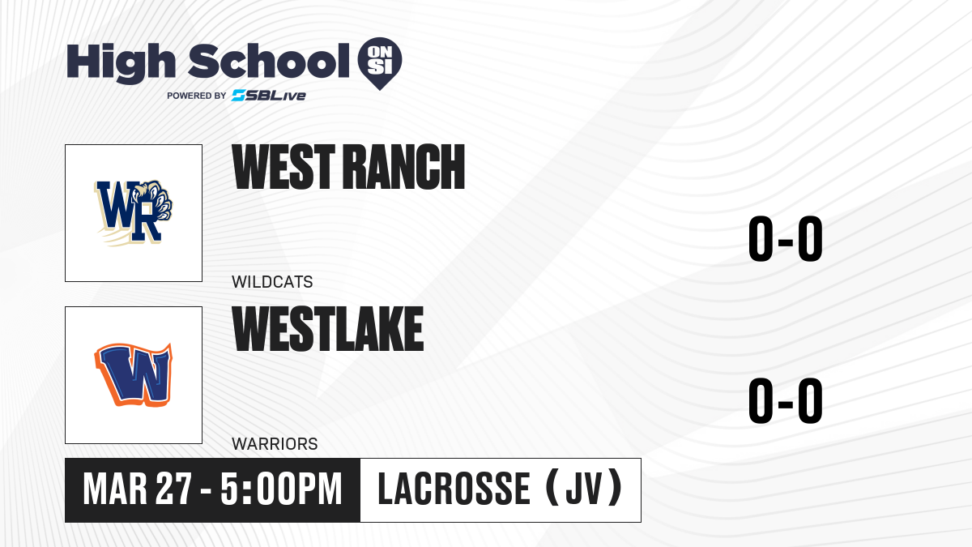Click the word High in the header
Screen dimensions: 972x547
coord(121,63)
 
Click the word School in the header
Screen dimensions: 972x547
coord(269,62)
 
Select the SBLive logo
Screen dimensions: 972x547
coord(269,96)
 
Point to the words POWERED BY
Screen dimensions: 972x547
coord(197,96)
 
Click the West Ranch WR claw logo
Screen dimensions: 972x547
coord(133,213)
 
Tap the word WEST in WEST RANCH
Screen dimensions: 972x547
coord(283,167)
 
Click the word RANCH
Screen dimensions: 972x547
coord(407,167)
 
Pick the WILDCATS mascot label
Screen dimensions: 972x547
coord(272,282)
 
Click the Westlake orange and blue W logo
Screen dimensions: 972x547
coord(133,375)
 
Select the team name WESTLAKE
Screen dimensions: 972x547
coord(327,329)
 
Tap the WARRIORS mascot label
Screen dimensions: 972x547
coord(275,444)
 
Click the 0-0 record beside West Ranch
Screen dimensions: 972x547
coord(786,238)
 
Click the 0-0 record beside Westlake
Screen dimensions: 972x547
coord(786,400)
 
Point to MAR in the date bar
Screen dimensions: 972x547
coord(115,489)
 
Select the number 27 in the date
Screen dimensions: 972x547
coord(173,489)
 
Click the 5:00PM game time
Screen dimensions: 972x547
coord(281,489)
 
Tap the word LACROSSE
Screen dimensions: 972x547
coord(454,489)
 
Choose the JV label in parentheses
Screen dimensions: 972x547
coord(584,489)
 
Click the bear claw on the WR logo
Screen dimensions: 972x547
coord(155,199)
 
